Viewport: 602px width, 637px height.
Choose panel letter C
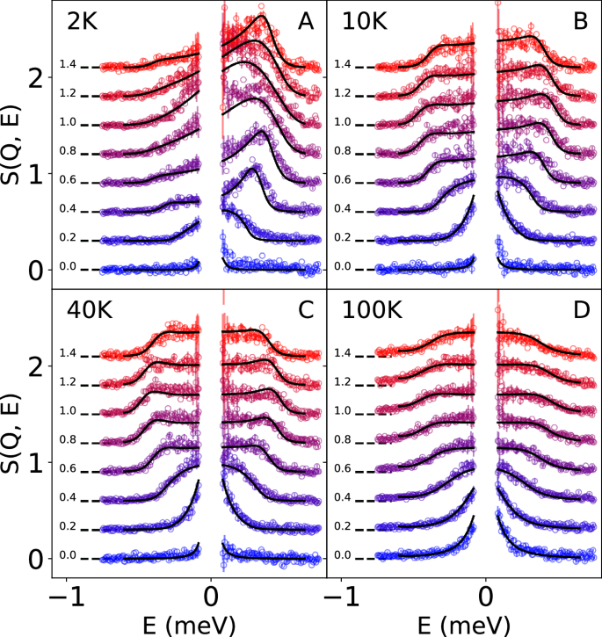[306, 312]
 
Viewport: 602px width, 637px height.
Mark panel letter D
[580, 312]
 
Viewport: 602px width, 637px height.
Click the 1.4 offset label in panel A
[68, 65]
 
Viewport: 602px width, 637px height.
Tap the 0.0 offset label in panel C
[68, 556]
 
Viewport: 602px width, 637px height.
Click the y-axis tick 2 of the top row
[34, 78]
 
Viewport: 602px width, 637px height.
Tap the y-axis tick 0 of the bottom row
[34, 559]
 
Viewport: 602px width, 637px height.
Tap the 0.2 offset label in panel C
[68, 527]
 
